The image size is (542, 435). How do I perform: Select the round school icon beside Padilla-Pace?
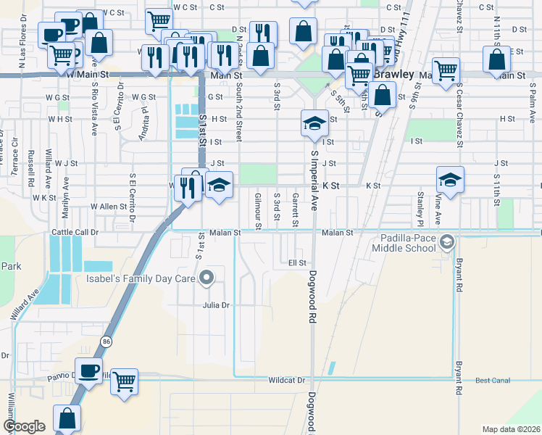point(448,241)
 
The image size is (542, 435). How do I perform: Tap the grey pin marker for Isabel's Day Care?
point(207,276)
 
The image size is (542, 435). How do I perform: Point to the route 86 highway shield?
point(106,340)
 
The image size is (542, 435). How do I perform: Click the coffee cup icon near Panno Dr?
point(89,370)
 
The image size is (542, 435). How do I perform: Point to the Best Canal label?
point(493,380)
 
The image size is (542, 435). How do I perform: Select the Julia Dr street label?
point(216,305)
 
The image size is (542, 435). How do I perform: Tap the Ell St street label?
point(297,262)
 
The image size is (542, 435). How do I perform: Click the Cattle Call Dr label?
point(74,233)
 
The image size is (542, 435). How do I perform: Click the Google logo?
point(24,426)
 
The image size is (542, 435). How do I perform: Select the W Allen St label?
point(109,207)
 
